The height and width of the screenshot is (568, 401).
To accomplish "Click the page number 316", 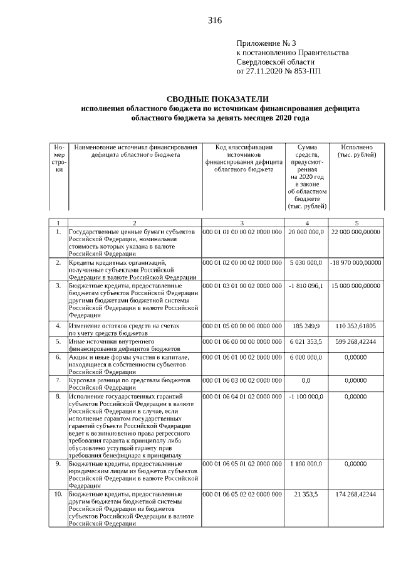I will point(215,21).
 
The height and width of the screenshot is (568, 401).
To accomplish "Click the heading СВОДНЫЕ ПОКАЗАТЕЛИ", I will point(217,99).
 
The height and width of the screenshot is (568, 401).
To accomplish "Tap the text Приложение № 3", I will point(266,43).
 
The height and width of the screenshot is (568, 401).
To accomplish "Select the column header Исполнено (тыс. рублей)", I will point(356,151).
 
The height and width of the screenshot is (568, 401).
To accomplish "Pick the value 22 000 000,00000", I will point(356,232).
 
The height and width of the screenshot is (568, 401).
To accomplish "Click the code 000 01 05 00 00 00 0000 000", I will point(242,326).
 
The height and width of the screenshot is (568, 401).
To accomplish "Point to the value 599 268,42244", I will point(356,342).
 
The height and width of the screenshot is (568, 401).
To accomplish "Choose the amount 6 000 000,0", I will point(306,357).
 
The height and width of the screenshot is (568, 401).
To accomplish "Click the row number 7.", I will point(58,380).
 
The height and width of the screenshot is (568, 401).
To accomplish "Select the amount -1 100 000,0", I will point(306,397).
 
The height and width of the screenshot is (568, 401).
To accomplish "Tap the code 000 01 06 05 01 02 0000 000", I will point(242,463).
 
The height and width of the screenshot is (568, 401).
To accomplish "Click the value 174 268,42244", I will point(356,495).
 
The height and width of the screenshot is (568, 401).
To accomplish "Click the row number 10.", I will point(58,495).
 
